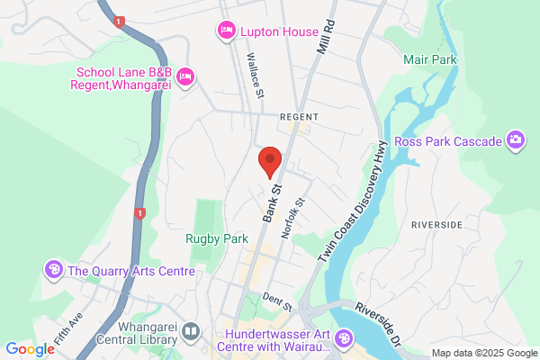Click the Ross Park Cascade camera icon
click(516, 139)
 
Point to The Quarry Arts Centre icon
click(54, 269)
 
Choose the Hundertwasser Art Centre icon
click(343, 338)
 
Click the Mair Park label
click(430, 60)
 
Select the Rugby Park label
click(216, 239)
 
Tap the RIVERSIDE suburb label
click(436, 223)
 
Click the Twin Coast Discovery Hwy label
click(353, 202)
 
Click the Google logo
click(30, 349)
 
